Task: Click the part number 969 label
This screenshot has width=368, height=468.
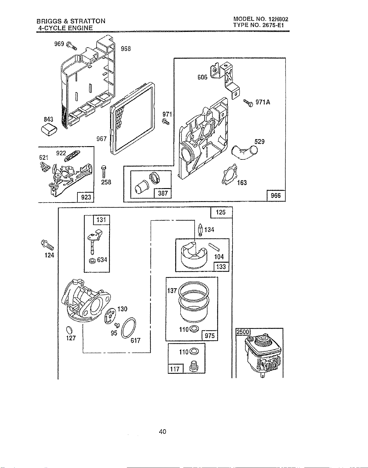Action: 59,44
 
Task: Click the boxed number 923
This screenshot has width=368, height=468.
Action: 86,197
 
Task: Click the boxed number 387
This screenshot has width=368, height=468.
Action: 163,193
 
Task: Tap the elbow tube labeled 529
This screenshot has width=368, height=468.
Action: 244,152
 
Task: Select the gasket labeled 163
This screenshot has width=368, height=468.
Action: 229,175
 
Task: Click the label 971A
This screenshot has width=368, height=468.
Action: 263,102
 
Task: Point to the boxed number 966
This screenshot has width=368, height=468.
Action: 276,195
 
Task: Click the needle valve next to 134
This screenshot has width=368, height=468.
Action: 201,230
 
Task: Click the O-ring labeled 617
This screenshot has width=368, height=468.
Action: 129,328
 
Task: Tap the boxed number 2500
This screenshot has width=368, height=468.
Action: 243,332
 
